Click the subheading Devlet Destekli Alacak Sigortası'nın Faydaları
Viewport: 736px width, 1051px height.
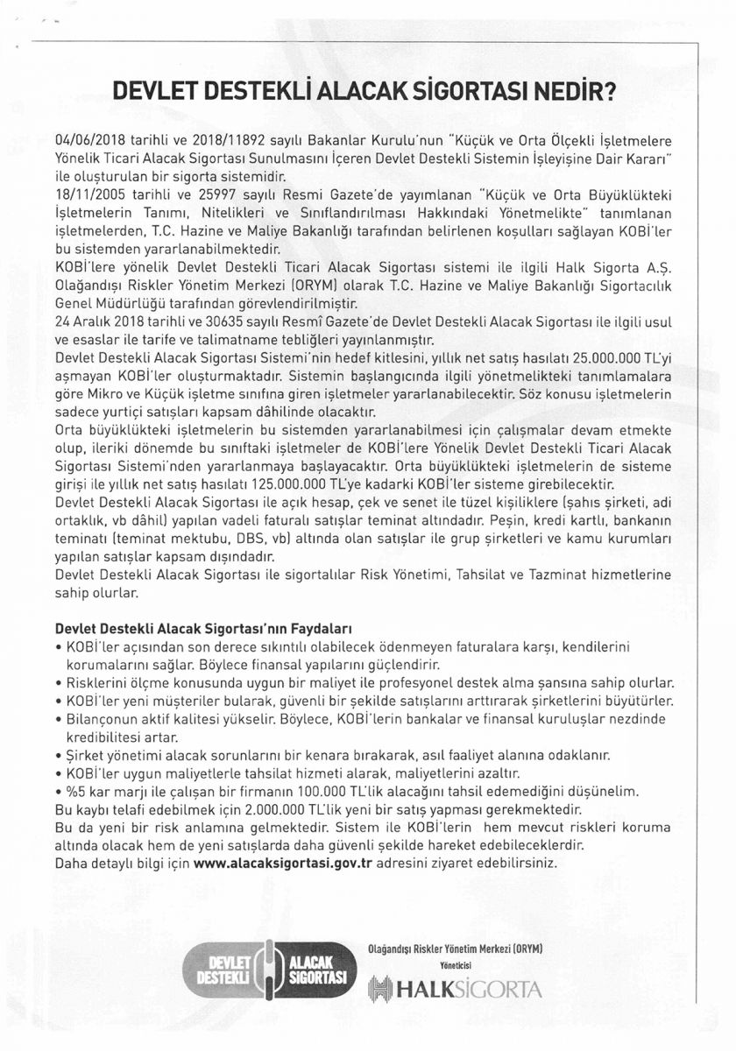(202, 628)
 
